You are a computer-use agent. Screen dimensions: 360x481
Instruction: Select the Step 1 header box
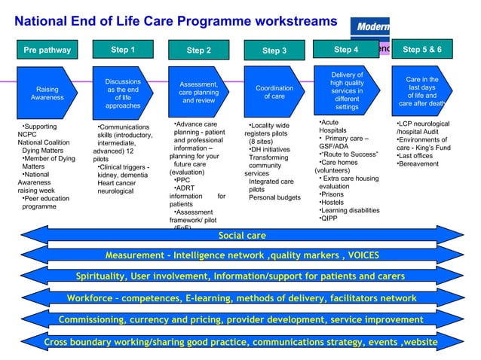[x=123, y=50]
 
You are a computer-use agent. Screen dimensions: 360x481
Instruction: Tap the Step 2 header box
[x=199, y=50]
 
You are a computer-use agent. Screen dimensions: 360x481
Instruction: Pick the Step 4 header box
[x=346, y=50]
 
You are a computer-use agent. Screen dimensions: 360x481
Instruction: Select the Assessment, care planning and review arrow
[x=199, y=92]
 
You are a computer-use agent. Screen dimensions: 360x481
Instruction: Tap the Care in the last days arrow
[x=422, y=91]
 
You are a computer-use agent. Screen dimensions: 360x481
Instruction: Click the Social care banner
[x=241, y=236]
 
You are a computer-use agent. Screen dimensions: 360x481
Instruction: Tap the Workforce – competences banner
[x=241, y=299]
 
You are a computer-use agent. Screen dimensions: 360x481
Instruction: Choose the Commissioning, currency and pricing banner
[x=241, y=320]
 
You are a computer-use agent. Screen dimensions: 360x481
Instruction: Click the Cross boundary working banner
[x=241, y=342]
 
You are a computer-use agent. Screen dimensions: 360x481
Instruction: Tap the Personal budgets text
[x=274, y=198]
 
